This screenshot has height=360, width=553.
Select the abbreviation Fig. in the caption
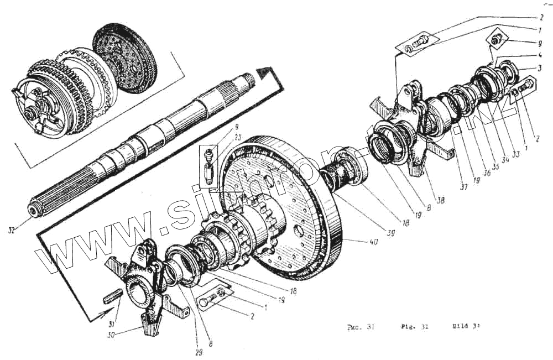(408, 326)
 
